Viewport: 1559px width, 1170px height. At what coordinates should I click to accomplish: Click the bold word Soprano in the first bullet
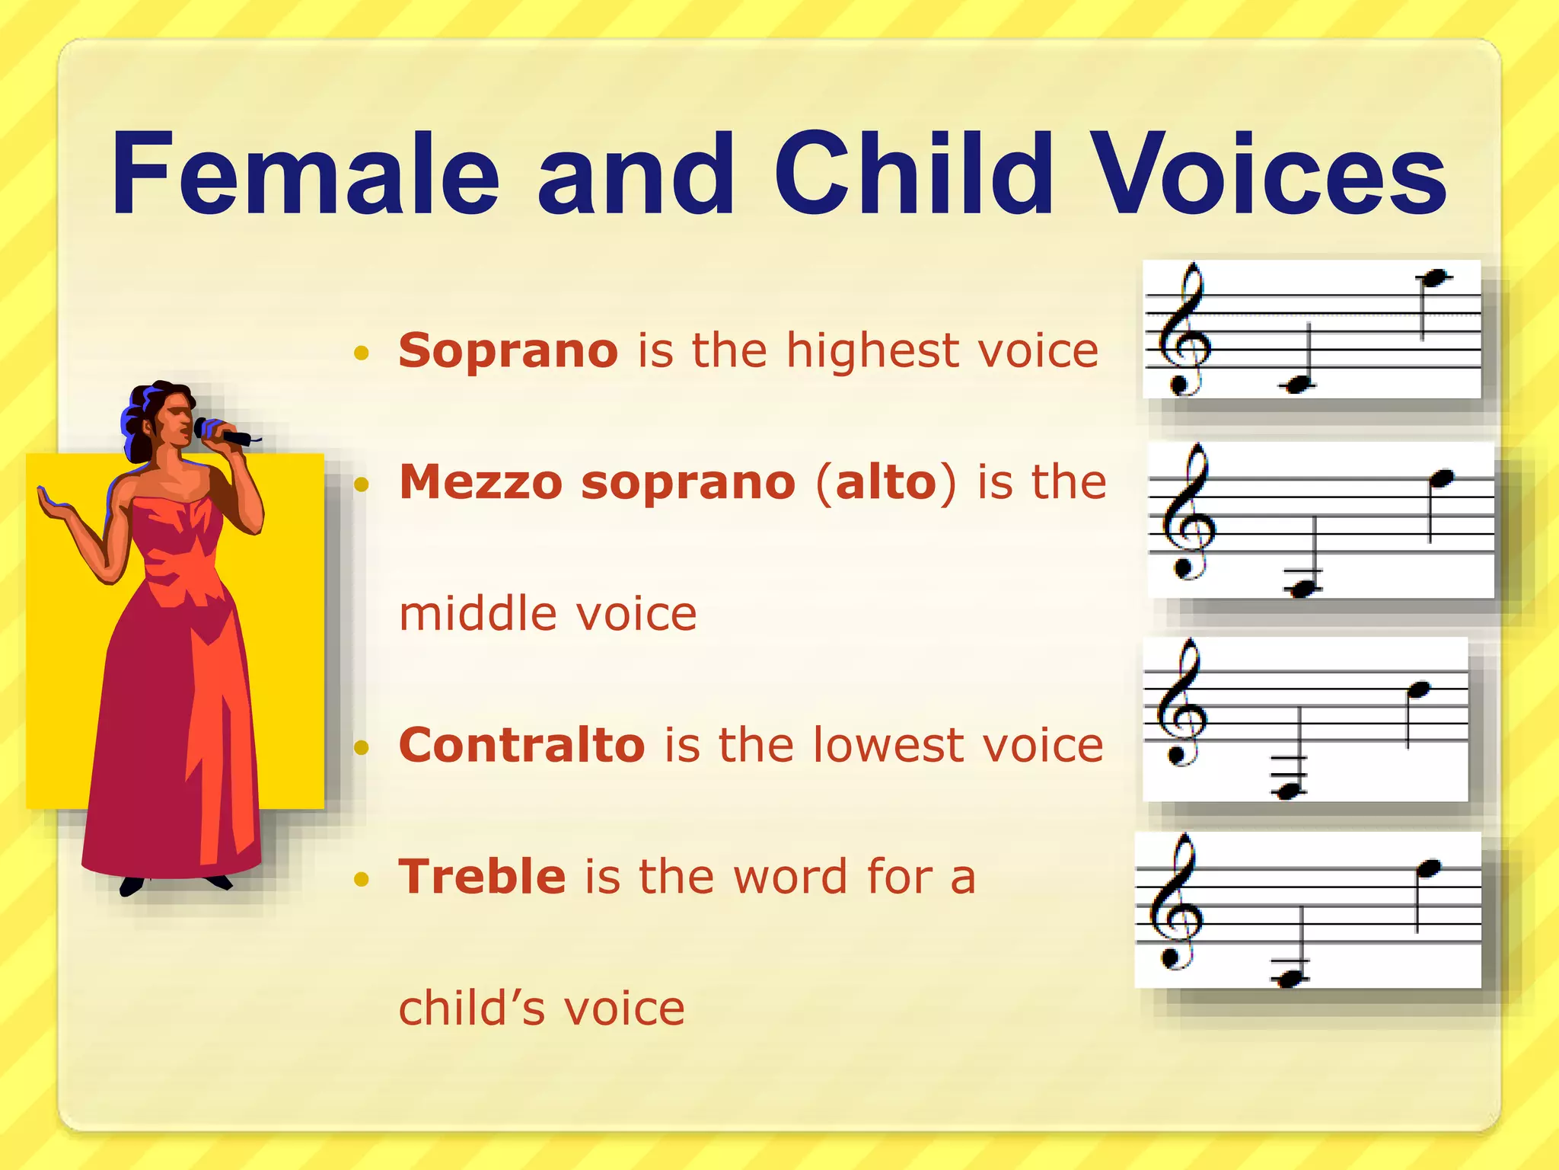click(508, 351)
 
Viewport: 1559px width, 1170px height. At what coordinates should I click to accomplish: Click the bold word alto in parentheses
click(885, 483)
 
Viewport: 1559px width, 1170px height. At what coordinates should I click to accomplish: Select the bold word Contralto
click(521, 745)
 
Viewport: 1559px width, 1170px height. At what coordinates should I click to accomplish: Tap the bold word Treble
click(482, 877)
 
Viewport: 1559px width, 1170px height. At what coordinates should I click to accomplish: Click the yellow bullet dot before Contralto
click(362, 747)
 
